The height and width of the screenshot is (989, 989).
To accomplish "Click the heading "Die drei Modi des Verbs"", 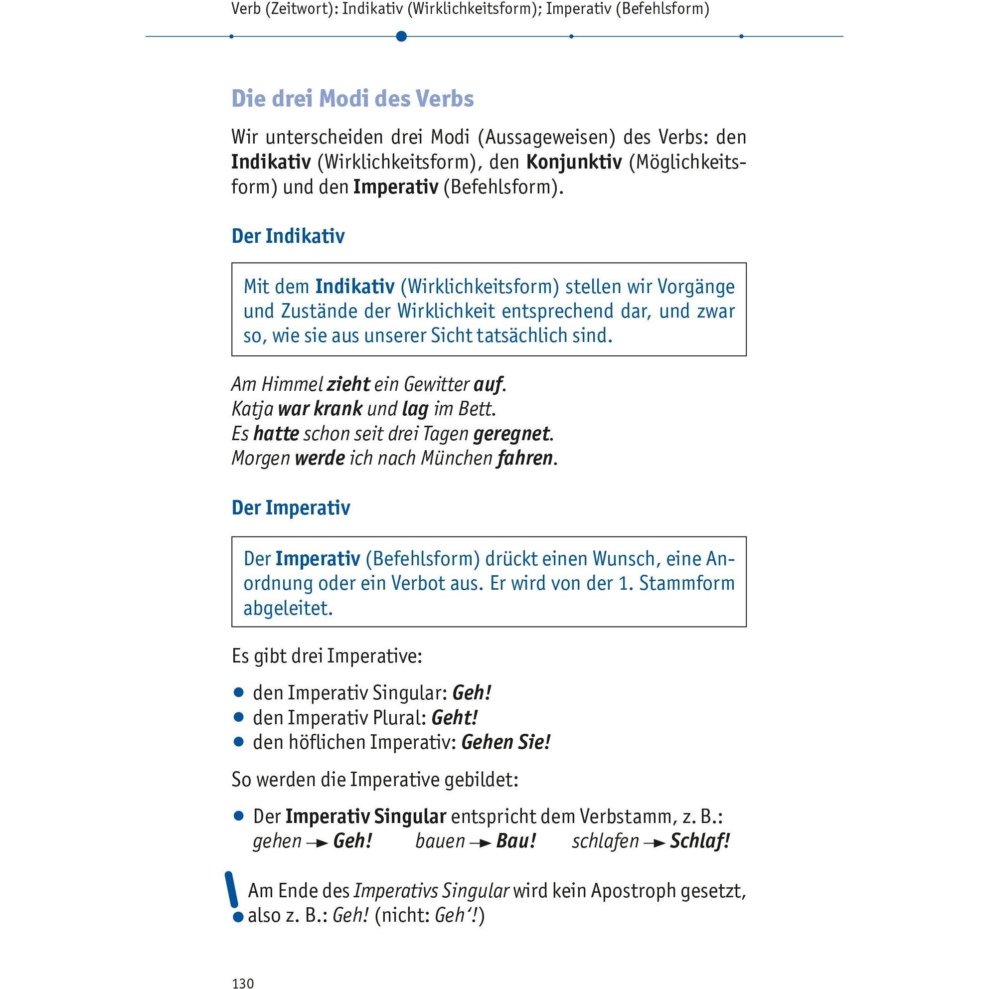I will pyautogui.click(x=353, y=99).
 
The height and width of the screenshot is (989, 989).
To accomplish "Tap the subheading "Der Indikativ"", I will pyautogui.click(x=288, y=236).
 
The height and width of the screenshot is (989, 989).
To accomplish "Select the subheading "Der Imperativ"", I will pyautogui.click(x=291, y=508).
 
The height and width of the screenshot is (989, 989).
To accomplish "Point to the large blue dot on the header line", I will pyautogui.click(x=401, y=36).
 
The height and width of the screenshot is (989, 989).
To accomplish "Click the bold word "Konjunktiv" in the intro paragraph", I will pyautogui.click(x=574, y=163).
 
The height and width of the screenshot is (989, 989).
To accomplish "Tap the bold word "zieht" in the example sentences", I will pyautogui.click(x=348, y=384).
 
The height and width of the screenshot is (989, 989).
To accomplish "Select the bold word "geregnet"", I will pyautogui.click(x=511, y=434).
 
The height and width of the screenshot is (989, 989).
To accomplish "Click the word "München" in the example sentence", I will pyautogui.click(x=457, y=458).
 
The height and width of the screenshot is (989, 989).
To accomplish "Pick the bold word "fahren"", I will pyautogui.click(x=525, y=458).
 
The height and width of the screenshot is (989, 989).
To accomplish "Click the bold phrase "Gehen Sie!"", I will pyautogui.click(x=506, y=742).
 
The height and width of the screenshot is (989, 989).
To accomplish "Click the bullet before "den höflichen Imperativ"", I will pyautogui.click(x=238, y=742).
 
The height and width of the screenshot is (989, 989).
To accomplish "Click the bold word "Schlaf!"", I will pyautogui.click(x=700, y=841).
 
